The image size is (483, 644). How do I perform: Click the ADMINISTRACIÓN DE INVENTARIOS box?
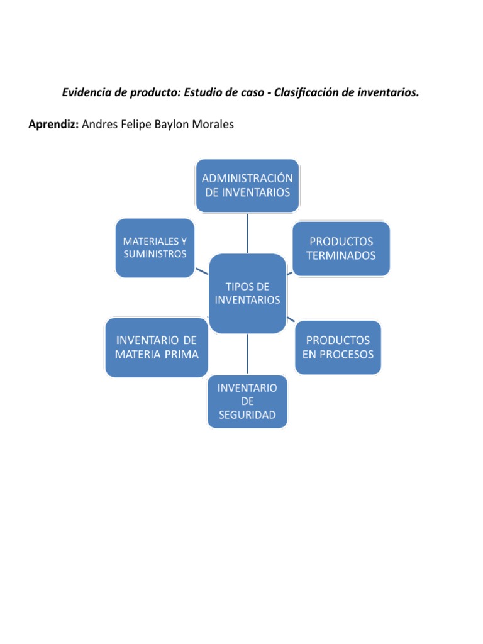(248, 186)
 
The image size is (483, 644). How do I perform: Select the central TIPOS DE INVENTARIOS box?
(247, 293)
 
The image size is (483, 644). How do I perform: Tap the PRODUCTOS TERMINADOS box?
(341, 248)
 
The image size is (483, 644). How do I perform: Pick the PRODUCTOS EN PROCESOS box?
(338, 347)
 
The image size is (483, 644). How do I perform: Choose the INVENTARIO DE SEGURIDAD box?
(247, 402)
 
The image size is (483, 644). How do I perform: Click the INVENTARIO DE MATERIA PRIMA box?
(157, 347)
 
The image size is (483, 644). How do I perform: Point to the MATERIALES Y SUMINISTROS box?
(155, 248)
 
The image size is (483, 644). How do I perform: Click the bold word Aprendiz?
(53, 125)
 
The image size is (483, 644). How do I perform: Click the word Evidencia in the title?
(86, 93)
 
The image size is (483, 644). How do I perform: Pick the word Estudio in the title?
(204, 93)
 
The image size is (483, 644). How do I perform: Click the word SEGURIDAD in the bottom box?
(247, 416)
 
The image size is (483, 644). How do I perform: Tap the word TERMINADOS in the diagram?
(341, 255)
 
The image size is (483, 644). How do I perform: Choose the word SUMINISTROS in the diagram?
(155, 255)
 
